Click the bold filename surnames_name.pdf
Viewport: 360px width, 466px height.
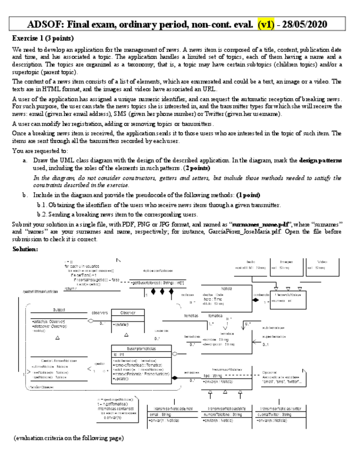(258, 224)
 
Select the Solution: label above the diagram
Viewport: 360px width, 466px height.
(25, 249)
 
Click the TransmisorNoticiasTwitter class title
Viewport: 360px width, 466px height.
(281, 408)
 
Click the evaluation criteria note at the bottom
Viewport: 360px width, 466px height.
(69, 437)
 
